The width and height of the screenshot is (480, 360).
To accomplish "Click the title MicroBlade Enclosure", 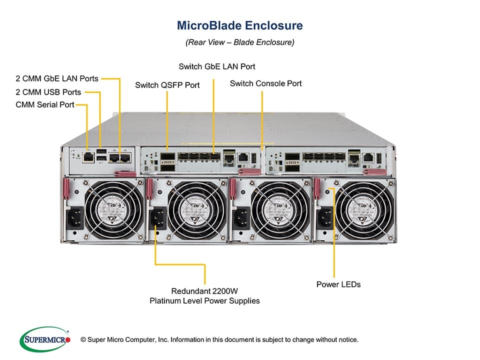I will (240, 25).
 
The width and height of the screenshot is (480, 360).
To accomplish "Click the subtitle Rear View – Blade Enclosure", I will (240, 42).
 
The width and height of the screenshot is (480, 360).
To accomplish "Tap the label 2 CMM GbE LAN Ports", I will (57, 78).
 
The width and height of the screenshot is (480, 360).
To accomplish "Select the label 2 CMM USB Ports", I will (48, 92).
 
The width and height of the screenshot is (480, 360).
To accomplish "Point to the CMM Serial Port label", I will (45, 104).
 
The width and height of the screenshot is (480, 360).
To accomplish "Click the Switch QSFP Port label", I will (167, 85).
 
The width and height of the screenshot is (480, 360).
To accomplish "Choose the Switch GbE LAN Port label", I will (217, 66).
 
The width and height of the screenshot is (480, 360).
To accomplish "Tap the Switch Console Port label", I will (265, 83).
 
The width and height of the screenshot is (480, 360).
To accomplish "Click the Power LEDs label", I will (338, 284).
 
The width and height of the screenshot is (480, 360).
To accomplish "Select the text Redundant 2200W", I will (205, 291).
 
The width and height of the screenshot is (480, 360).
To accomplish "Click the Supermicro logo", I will (44, 339).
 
